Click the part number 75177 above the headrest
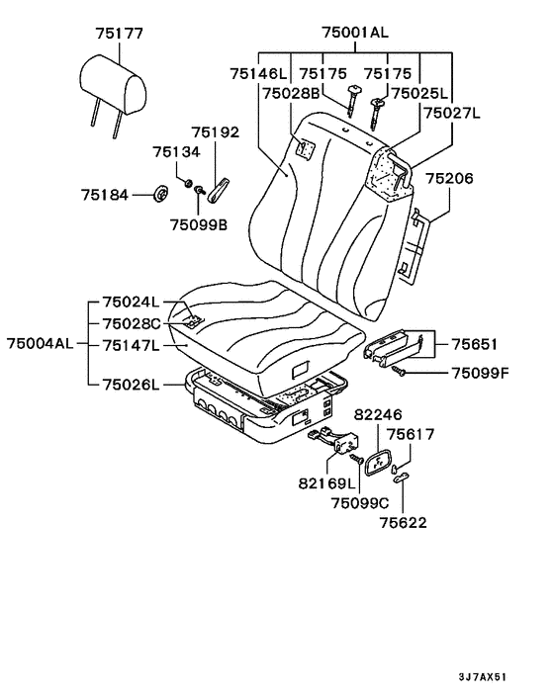[120, 34]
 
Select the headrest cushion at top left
[114, 84]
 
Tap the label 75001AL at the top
[355, 32]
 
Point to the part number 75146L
[259, 73]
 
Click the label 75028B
[291, 94]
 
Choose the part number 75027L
[452, 113]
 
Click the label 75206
[449, 179]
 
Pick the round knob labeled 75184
[160, 195]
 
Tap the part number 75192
[216, 132]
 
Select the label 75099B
[199, 224]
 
